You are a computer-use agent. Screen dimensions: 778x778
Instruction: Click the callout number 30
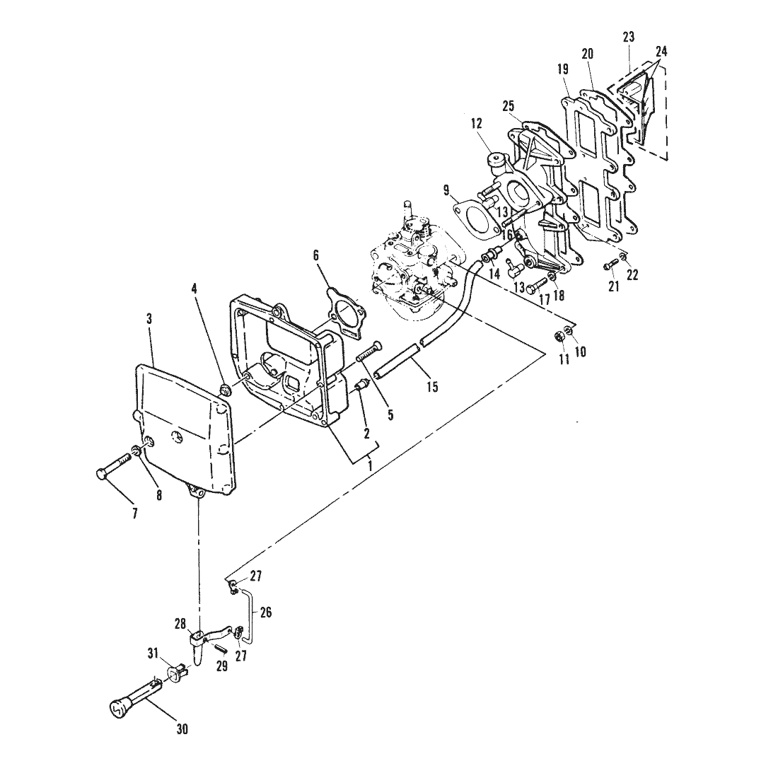pyautogui.click(x=182, y=729)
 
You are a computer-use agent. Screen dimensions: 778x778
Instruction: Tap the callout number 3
pyautogui.click(x=150, y=318)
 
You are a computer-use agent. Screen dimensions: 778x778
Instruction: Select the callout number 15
pyautogui.click(x=433, y=386)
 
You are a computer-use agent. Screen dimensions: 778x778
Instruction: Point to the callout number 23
pyautogui.click(x=629, y=37)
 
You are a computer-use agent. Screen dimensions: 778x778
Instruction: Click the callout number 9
pyautogui.click(x=446, y=190)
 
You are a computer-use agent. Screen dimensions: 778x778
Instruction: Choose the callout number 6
pyautogui.click(x=316, y=255)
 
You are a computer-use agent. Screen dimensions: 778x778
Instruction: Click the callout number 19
pyautogui.click(x=563, y=69)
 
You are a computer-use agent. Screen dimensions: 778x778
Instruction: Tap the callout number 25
pyautogui.click(x=509, y=105)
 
